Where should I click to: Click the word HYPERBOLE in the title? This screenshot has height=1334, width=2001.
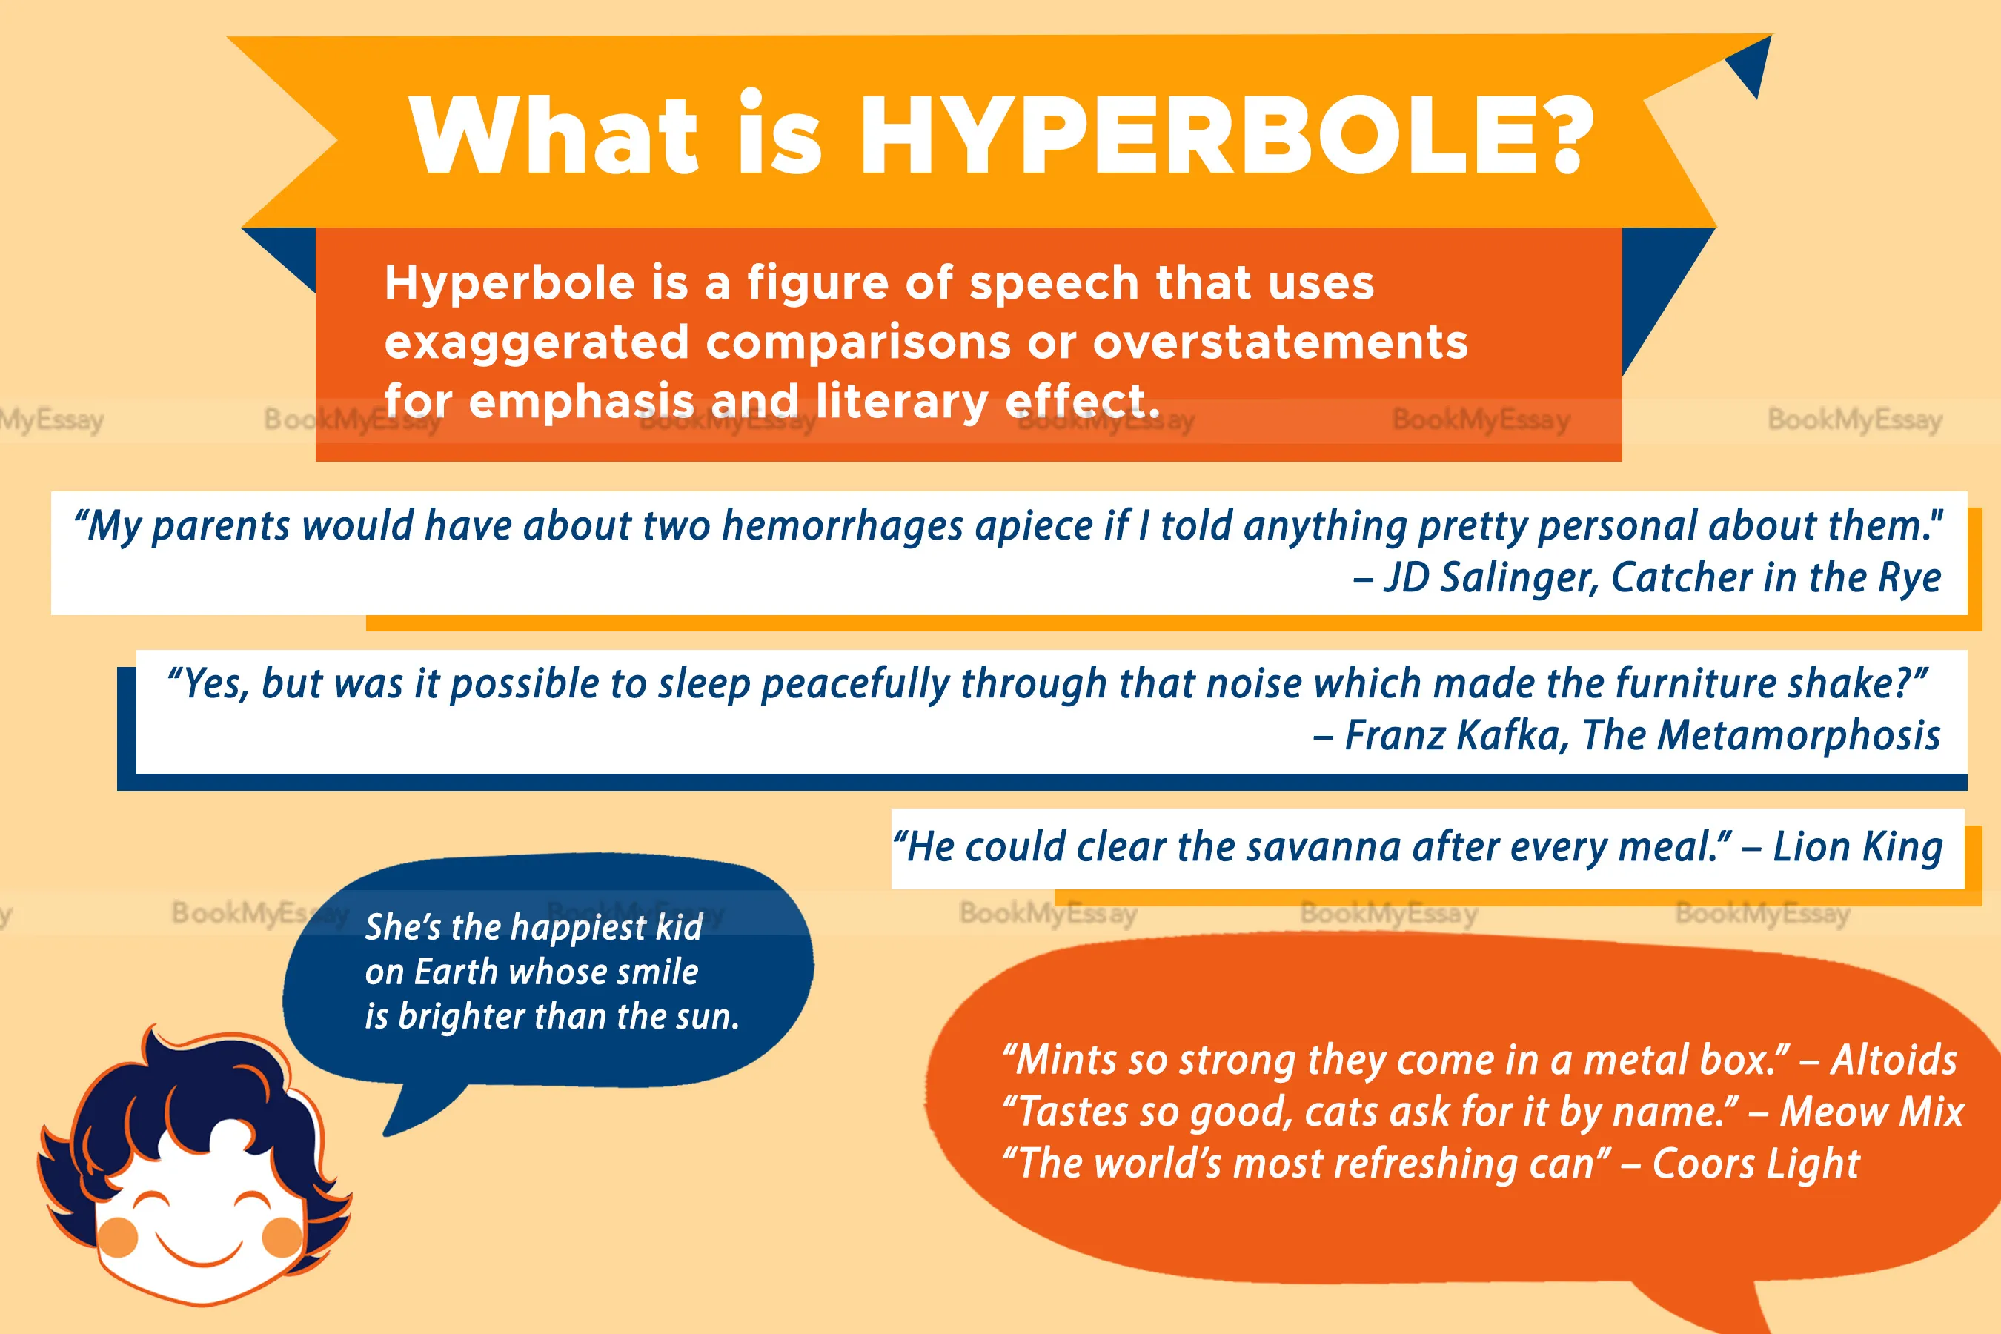click(x=1198, y=134)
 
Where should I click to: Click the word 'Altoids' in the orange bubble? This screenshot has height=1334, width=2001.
click(x=1894, y=1059)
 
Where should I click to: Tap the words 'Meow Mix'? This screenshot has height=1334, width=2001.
click(x=1872, y=1111)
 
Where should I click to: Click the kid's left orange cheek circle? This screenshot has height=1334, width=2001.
click(x=119, y=1237)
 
